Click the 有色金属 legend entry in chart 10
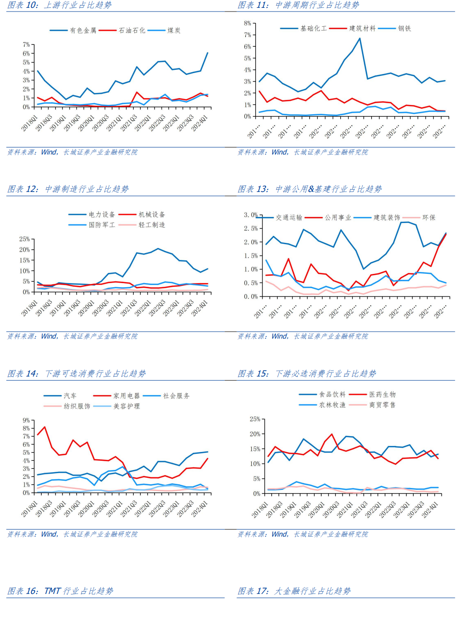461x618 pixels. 83,31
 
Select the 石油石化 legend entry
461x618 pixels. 132,31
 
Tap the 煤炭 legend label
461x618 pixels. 174,31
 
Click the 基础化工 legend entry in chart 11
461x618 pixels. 313,29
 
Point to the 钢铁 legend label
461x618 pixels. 405,29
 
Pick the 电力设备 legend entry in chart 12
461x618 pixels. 102,215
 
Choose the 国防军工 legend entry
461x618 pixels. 102,225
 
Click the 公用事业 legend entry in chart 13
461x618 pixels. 338,217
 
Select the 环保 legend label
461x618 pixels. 429,217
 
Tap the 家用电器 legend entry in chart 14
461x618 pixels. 126,396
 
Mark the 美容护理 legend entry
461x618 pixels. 126,406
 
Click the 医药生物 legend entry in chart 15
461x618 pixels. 382,395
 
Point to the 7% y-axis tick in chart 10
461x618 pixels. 26,45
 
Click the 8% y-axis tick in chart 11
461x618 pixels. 248,23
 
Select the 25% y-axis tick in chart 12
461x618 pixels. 24,239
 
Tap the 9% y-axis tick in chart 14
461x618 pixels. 26,420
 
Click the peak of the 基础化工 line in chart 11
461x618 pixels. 360,38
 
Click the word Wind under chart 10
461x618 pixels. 49,152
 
